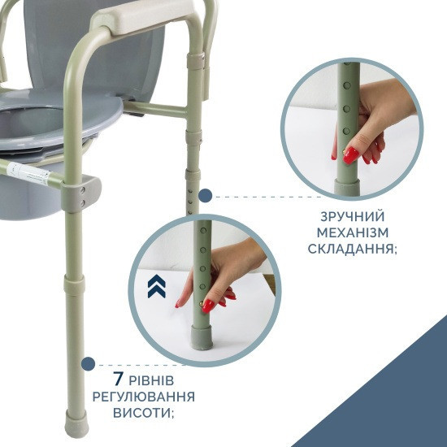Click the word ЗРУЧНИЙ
coord(353,217)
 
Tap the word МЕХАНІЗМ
coord(353,232)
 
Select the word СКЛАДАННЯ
coord(353,249)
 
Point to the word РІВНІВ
coord(151,380)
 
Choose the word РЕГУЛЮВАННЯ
coord(144,397)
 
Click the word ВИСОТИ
coord(143,413)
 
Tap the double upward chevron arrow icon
coord(157,286)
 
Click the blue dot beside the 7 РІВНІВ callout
coord(88,364)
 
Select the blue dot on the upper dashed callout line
coord(206,196)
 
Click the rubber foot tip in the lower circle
coord(202,337)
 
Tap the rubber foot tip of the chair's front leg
coord(76,423)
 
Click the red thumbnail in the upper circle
coord(350,155)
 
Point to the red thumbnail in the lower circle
coord(208,306)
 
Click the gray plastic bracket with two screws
coord(81,193)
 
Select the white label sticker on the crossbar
coord(28,174)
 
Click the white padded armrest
coord(142,15)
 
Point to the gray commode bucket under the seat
coord(28,194)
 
